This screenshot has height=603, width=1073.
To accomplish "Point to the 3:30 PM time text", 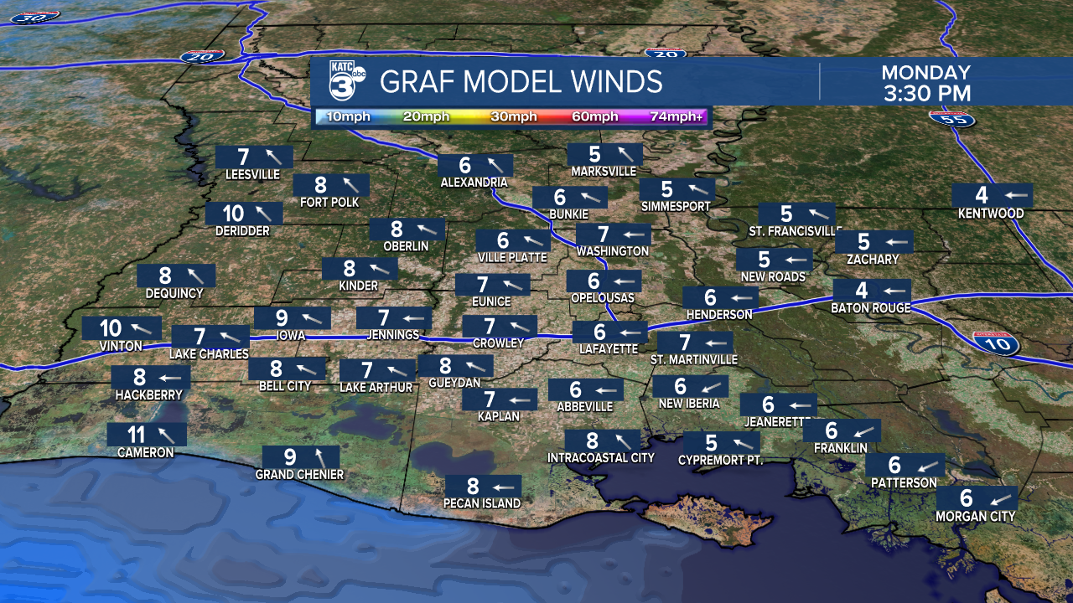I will [926, 93].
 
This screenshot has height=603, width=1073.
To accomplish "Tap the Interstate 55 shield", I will [952, 117].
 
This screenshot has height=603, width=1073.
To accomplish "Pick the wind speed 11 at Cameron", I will [136, 434].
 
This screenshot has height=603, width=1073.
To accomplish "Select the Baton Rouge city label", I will [871, 308].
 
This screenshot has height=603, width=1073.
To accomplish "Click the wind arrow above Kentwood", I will [1015, 195].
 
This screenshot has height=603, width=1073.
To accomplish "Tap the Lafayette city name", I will [609, 348].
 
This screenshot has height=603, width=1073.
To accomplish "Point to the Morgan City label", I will [975, 517].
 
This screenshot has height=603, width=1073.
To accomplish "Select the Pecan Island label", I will [483, 503].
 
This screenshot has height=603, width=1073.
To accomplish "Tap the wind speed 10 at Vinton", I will [110, 328].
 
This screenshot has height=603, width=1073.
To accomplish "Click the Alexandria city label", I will [474, 182].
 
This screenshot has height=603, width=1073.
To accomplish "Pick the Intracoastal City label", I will [600, 458].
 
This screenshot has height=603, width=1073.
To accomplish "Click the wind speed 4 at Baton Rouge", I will [861, 291].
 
